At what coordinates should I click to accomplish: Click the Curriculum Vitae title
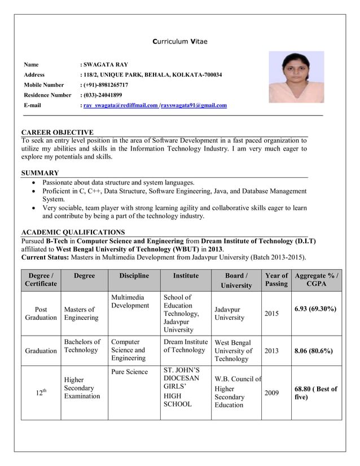180,42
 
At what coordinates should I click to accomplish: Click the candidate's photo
296,77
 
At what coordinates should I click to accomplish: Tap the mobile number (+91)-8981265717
106,85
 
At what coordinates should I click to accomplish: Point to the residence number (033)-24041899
103,95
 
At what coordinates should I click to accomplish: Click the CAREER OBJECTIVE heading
57,132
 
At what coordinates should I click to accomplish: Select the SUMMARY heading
40,173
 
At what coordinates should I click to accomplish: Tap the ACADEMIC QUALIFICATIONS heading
73,232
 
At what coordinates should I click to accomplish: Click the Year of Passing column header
276,280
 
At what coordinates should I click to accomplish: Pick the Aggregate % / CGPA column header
317,280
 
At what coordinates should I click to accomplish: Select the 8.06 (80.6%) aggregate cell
313,350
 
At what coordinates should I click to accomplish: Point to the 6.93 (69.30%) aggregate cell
315,309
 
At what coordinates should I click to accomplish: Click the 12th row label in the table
41,393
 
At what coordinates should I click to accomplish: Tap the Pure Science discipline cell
129,372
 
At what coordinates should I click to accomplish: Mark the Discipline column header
134,276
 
